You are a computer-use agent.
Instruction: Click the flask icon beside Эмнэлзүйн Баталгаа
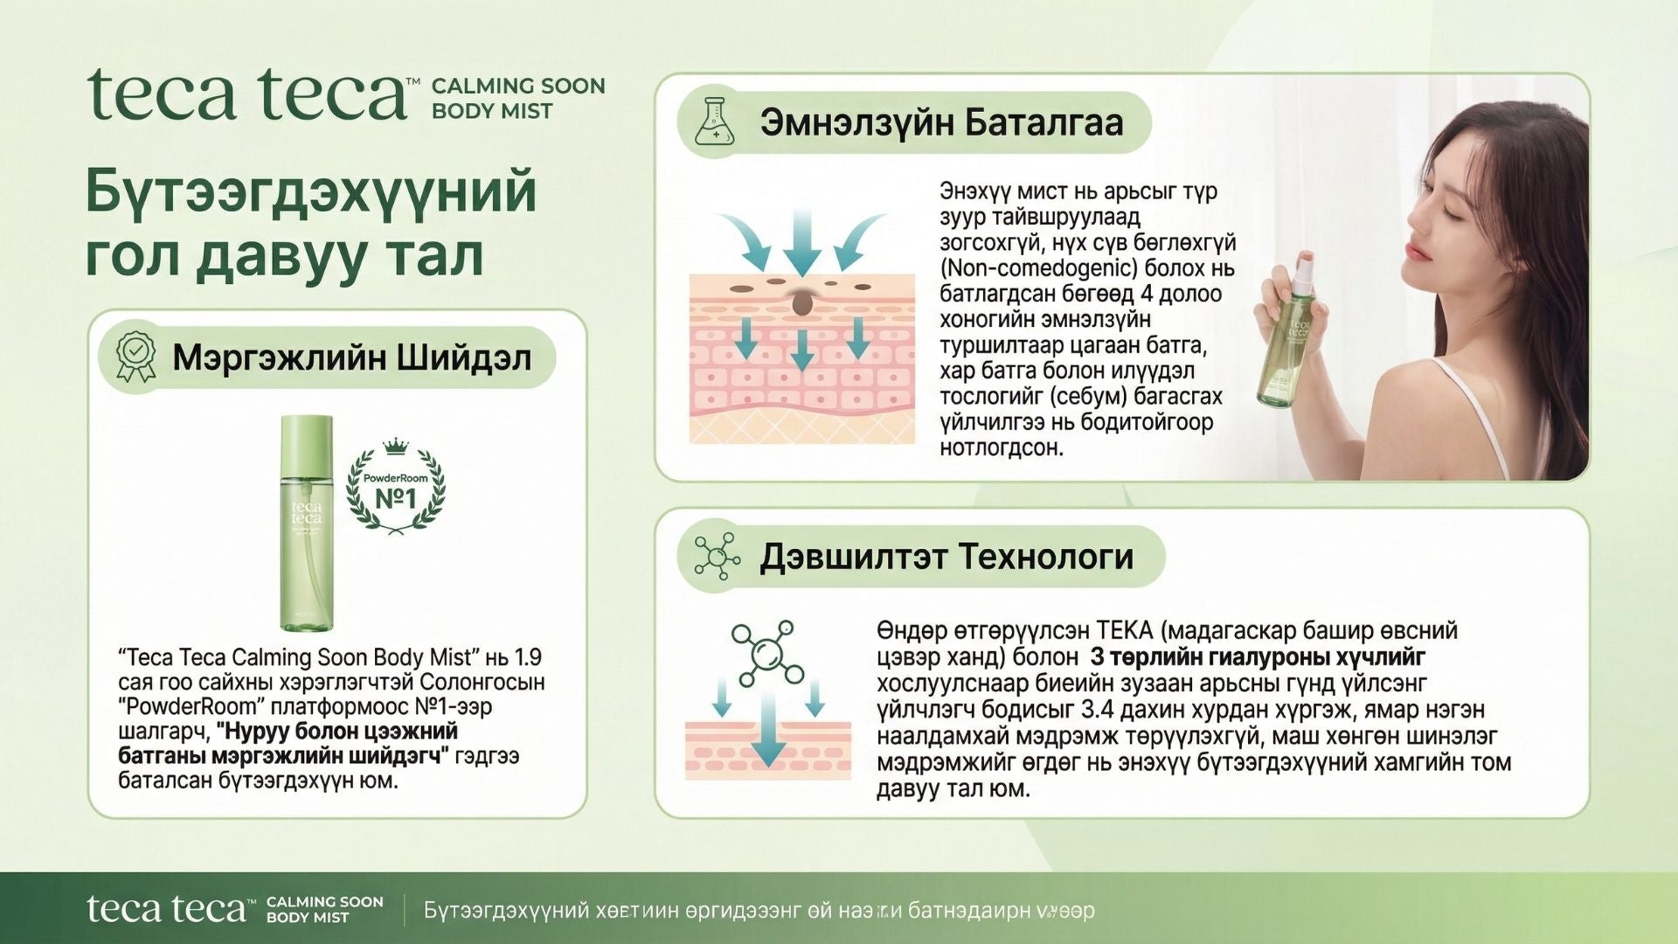point(715,121)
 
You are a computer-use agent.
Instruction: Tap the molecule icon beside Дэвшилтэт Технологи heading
point(716,556)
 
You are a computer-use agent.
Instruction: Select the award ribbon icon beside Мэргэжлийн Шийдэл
point(136,357)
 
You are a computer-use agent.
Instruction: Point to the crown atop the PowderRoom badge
point(396,447)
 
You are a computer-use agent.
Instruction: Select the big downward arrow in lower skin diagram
point(768,730)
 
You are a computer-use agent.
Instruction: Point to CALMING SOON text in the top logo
point(518,86)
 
